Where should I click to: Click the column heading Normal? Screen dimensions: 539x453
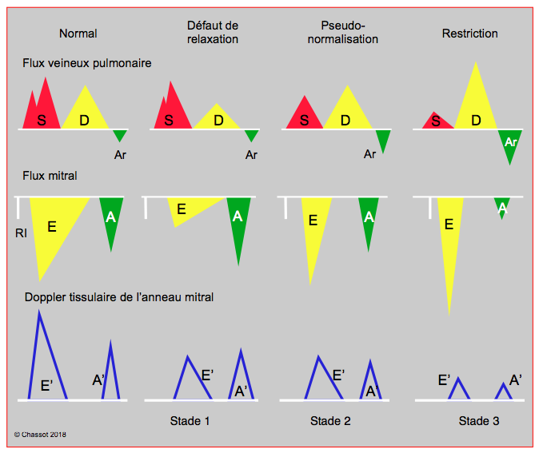(x=78, y=34)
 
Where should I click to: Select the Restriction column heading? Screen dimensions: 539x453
(x=470, y=34)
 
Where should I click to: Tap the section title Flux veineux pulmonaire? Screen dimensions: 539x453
(x=87, y=63)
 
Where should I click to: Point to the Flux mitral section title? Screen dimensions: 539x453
(x=50, y=176)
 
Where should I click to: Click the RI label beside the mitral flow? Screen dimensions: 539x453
(x=21, y=233)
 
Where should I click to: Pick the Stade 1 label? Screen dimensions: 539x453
(x=190, y=421)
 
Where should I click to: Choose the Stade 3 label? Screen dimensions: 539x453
(x=479, y=421)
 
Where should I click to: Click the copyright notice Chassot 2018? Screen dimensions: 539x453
(x=40, y=435)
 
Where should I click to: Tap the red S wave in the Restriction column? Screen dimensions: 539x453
(x=437, y=121)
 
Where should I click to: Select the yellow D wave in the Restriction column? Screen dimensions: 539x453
(x=476, y=103)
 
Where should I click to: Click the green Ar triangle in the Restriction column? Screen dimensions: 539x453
(x=510, y=145)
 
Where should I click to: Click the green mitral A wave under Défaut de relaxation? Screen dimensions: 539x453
(x=238, y=223)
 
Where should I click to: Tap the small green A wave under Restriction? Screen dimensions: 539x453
(x=502, y=206)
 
